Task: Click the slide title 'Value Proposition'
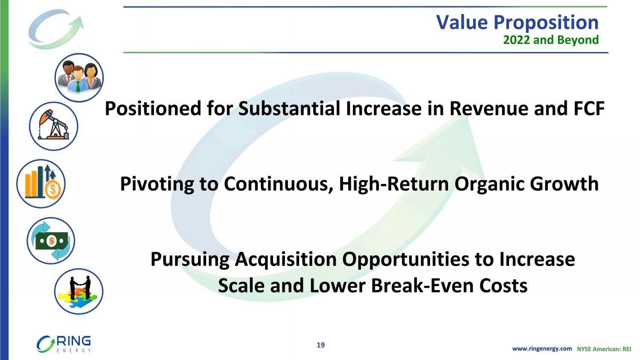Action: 517,22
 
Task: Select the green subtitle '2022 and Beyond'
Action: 551,40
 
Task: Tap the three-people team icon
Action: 79,78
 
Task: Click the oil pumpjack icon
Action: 53,126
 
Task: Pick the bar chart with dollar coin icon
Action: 41,184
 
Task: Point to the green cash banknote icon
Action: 51,241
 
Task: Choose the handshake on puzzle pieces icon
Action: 79,291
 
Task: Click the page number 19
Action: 320,345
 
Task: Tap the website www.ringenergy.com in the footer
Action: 542,349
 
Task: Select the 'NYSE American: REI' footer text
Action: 604,349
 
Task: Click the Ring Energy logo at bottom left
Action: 64,344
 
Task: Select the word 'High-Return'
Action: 394,184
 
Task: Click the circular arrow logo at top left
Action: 56,29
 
